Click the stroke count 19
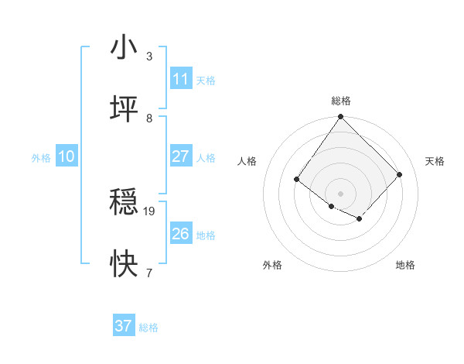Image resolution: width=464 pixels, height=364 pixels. pos(149,211)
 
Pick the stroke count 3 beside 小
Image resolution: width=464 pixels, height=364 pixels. pos(149,57)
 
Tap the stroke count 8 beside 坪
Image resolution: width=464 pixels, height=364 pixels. pos(149,118)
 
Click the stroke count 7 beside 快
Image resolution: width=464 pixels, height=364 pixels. pos(149,273)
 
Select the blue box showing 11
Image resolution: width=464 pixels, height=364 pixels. pos(181,79)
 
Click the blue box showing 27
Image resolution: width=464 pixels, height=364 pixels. pos(181,156)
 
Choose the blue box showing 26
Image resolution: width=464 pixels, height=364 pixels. pos(181,234)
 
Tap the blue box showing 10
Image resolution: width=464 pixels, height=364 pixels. pos(67,156)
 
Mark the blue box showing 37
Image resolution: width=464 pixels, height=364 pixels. pos(124,326)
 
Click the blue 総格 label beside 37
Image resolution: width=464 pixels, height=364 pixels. pos(148,328)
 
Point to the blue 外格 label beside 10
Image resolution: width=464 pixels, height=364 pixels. pos(41,157)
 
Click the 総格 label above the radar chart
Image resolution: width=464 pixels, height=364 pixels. pos(341,101)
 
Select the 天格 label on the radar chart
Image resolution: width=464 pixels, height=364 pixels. pos(435,161)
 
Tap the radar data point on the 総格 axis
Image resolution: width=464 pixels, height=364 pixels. pos(340,117)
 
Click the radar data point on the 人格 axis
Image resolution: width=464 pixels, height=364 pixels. pos(297,180)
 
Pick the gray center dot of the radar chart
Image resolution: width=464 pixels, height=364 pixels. pos(340,193)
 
